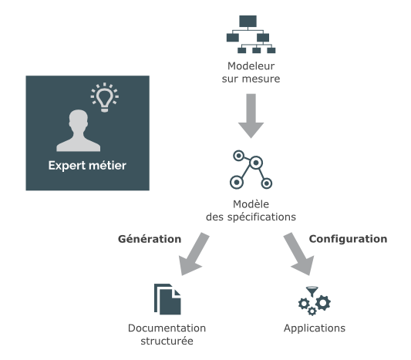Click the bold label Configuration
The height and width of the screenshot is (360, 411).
(348, 239)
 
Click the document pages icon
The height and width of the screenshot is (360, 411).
(167, 299)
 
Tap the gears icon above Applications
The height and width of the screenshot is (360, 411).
(314, 301)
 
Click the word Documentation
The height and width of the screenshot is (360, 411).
(167, 328)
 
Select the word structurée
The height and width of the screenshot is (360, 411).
(167, 341)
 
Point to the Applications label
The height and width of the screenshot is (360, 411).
(314, 328)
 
